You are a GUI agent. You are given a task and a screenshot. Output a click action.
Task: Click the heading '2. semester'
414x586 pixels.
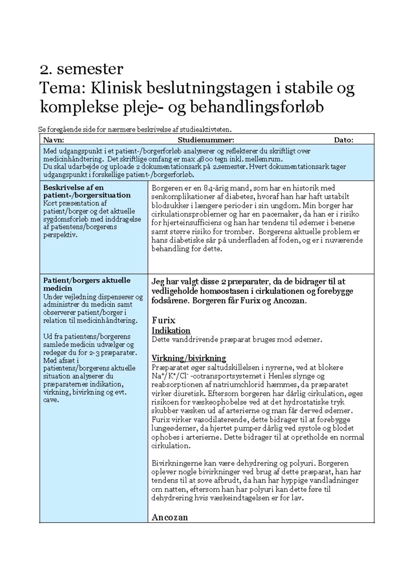[x=81, y=69]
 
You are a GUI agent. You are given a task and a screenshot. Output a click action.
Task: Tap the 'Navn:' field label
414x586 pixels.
[x=53, y=140]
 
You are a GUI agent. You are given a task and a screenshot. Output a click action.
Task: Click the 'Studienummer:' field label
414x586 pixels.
[x=206, y=140]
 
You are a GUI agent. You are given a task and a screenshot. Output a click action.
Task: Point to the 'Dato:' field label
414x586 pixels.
[x=343, y=140]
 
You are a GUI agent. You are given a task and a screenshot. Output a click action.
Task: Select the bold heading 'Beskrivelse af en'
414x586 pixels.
[x=73, y=188]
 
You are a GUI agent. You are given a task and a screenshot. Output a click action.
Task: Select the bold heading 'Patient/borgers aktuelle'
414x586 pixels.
[x=87, y=280]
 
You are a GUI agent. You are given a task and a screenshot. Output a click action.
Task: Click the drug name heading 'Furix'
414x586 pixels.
[x=164, y=320]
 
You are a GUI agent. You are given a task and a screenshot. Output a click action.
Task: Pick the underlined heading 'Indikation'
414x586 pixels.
[x=171, y=331]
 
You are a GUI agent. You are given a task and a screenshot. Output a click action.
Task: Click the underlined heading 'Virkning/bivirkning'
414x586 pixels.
[x=189, y=358]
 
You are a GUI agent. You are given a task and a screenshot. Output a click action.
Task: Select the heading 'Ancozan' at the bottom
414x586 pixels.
[x=170, y=517]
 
